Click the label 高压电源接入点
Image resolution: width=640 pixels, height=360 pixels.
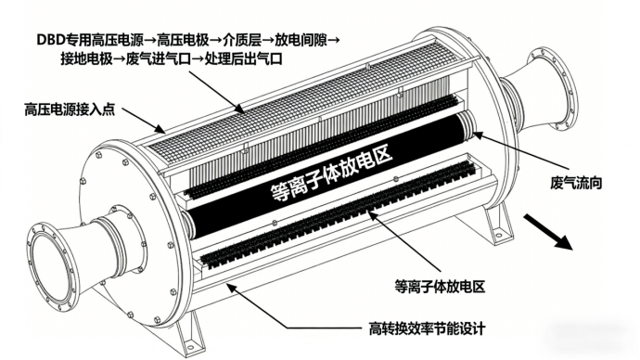pos(70,109)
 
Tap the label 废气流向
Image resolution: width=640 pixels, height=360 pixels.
pos(576,183)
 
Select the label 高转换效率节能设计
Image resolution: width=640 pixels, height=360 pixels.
pos(427,328)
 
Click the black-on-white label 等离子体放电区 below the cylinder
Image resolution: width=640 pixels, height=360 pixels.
pos(440,287)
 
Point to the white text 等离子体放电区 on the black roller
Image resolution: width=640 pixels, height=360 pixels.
pos(331,174)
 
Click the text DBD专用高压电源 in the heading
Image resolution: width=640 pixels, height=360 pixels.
pos(90,40)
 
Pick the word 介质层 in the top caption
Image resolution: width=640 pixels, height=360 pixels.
pos(242,40)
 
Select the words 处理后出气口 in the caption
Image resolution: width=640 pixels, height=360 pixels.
pos(244,58)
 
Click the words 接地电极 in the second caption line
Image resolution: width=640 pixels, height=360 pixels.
pos(86,58)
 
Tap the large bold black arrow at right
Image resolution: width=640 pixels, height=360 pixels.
pos(548,231)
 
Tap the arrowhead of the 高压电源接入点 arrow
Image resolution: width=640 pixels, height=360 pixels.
pos(162,130)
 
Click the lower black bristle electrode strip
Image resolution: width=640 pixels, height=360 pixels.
pos(339,215)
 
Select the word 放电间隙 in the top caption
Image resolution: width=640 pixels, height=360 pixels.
pos(301,40)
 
